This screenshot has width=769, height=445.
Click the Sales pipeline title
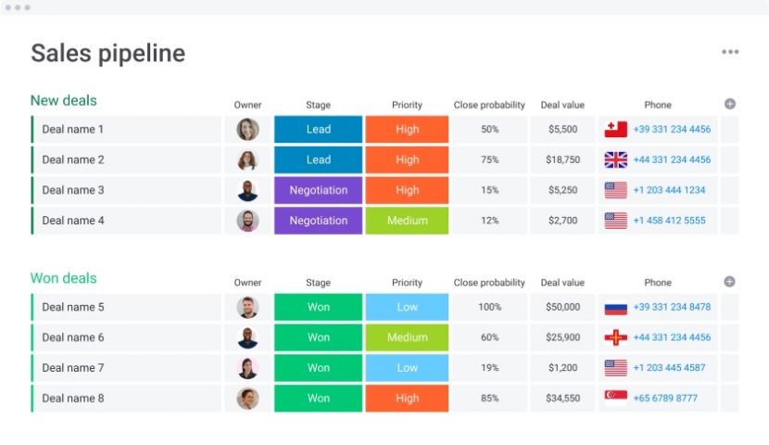(x=107, y=53)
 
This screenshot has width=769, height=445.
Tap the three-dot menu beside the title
(x=730, y=52)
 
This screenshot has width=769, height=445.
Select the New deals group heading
(x=63, y=100)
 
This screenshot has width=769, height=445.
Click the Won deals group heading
(x=63, y=278)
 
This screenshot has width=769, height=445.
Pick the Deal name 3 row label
(x=73, y=190)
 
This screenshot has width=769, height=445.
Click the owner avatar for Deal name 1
(x=247, y=130)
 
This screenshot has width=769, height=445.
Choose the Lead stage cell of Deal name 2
(x=318, y=159)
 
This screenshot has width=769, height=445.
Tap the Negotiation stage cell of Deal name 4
(x=318, y=221)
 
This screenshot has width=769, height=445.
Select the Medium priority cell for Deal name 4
(x=407, y=221)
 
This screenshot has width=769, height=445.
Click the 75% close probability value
(x=489, y=159)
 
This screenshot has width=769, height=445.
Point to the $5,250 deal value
(x=562, y=190)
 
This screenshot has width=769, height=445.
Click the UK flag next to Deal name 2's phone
(x=616, y=159)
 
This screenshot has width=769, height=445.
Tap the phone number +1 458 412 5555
(x=669, y=221)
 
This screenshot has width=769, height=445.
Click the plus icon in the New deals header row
(x=729, y=104)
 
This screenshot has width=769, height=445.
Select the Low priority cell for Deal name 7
(x=407, y=368)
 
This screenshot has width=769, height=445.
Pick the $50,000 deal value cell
(x=562, y=307)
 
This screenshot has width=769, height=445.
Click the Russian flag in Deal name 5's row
(x=616, y=308)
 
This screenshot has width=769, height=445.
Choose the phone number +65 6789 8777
(x=665, y=399)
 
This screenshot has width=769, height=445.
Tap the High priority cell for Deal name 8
(x=407, y=399)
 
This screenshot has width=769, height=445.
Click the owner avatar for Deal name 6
(x=247, y=337)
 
